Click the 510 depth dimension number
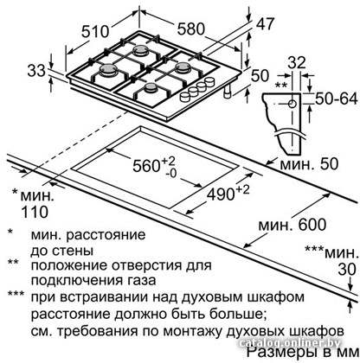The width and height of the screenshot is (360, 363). click(x=95, y=31)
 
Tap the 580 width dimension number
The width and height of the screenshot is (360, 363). click(x=190, y=29)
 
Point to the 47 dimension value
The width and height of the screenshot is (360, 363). click(x=265, y=23)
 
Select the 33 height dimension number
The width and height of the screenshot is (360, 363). click(x=36, y=70)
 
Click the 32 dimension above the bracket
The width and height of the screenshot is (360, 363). click(x=297, y=62)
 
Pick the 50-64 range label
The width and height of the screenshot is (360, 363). click(x=337, y=99)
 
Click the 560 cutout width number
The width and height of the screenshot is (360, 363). click(x=146, y=166)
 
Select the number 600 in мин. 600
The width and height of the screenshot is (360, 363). click(x=312, y=225)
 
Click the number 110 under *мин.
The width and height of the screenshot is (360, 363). click(x=35, y=212)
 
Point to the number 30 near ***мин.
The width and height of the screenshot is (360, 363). click(x=347, y=270)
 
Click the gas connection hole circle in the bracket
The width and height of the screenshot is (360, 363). click(x=292, y=104)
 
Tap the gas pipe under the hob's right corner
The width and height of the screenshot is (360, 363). click(x=228, y=92)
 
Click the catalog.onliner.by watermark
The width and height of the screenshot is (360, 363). click(x=290, y=343)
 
